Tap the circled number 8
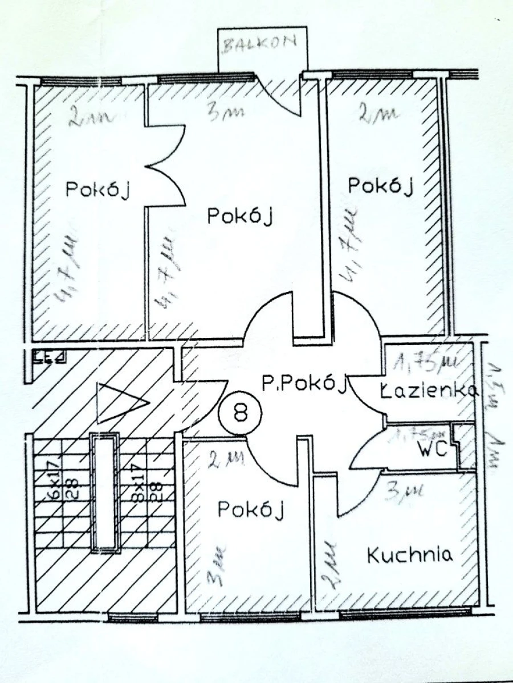click(240, 412)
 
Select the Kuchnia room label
click(410, 554)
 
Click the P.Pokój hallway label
click(304, 384)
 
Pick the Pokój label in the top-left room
click(97, 189)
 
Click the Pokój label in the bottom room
click(251, 509)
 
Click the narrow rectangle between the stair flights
click(105, 492)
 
